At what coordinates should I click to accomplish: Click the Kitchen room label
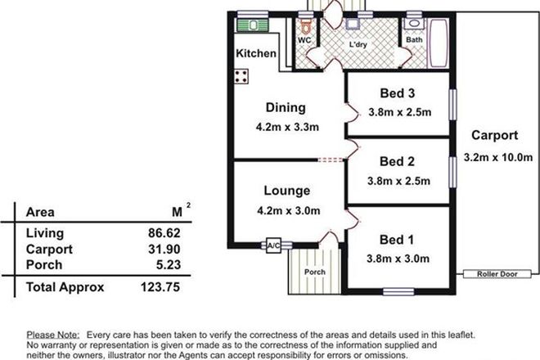pyautogui.click(x=256, y=54)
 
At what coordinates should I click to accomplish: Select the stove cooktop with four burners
pyautogui.click(x=242, y=77)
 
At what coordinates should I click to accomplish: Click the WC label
pyautogui.click(x=304, y=39)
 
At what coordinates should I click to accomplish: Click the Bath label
pyautogui.click(x=415, y=39)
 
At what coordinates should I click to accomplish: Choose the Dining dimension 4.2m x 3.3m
pyautogui.click(x=286, y=127)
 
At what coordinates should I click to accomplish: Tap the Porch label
pyautogui.click(x=315, y=272)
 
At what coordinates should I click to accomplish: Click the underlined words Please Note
pyautogui.click(x=53, y=335)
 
